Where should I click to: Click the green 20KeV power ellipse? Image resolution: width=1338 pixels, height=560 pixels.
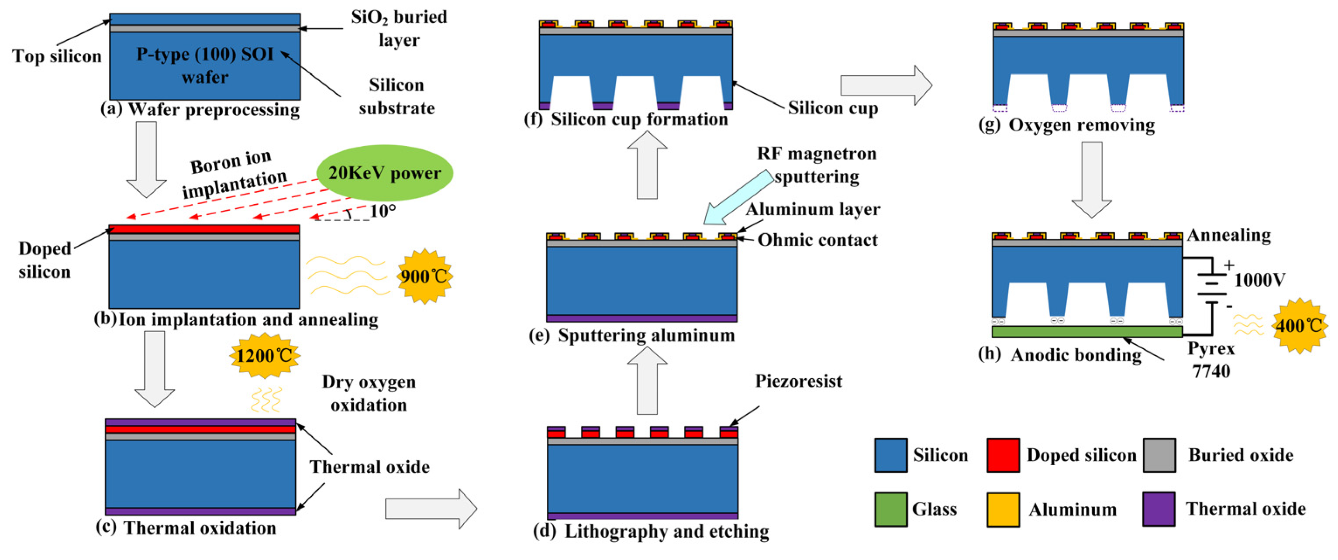pos(384,172)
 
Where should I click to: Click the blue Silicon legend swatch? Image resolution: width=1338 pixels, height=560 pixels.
pos(890,455)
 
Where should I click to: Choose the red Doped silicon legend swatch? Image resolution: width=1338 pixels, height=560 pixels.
pos(1003,455)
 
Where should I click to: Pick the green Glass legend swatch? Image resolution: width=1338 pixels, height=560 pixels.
pos(890,509)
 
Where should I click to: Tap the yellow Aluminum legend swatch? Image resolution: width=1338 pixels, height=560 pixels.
pos(1003,509)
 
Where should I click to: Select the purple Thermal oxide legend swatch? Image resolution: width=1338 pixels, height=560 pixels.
pos(1158,509)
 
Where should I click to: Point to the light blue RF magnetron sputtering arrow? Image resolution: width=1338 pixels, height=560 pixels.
pos(738,198)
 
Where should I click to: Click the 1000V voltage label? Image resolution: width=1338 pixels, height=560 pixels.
pos(1259,280)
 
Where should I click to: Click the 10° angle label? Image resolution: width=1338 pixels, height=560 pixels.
pos(383,211)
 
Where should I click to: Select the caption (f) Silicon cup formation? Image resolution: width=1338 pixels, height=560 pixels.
pos(626,119)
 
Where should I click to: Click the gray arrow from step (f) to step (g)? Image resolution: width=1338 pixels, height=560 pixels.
pos(886,85)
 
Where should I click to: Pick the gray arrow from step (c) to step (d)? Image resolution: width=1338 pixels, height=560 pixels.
pos(431,508)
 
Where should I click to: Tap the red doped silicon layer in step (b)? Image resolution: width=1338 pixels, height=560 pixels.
pos(204,229)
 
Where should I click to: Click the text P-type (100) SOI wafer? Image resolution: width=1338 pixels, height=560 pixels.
pos(205,65)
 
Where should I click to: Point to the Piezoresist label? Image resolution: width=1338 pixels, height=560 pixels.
pos(798,381)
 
